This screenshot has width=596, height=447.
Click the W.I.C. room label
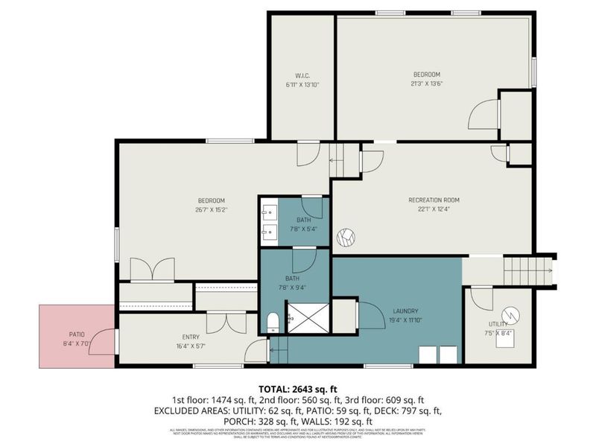301,74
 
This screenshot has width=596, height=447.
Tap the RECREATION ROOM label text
433,200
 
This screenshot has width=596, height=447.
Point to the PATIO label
78,335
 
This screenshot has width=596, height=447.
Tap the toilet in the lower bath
273,323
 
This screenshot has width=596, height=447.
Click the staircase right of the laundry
528,270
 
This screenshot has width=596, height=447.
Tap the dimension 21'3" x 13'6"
428,84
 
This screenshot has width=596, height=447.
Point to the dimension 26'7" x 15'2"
211,209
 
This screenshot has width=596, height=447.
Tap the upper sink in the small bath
268,212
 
